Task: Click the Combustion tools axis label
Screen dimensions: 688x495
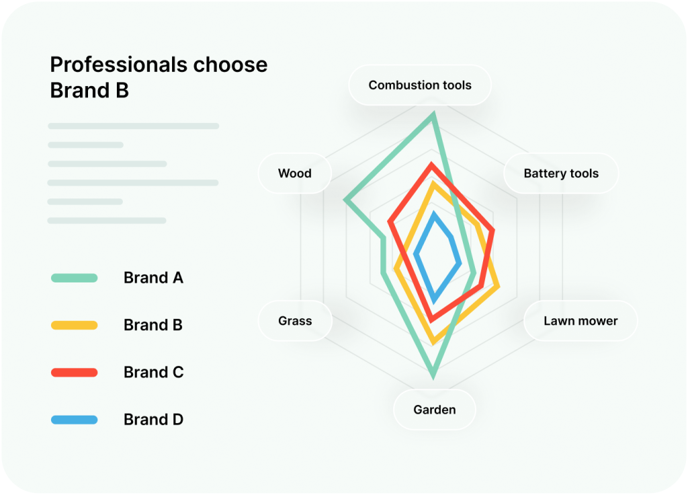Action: click(420, 85)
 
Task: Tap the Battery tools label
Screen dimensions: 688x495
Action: click(561, 174)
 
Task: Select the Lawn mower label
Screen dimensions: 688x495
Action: click(580, 321)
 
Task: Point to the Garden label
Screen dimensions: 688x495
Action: click(435, 410)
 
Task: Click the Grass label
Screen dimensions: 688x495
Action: click(295, 321)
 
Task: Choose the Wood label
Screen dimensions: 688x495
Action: click(294, 174)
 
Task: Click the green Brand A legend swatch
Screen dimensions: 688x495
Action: click(74, 278)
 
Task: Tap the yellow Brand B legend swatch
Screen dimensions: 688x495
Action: click(74, 326)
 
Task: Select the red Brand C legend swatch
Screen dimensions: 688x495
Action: click(74, 373)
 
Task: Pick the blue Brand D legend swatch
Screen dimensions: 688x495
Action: click(74, 420)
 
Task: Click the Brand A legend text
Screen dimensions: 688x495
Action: click(153, 278)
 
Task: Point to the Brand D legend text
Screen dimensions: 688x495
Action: click(153, 420)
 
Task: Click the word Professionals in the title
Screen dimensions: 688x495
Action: click(118, 65)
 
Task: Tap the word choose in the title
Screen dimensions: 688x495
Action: click(230, 65)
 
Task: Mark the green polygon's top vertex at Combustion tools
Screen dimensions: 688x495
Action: click(433, 115)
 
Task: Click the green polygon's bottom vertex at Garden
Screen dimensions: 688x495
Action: click(433, 376)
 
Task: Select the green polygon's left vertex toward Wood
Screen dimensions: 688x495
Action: click(346, 200)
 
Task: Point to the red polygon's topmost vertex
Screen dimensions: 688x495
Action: click(432, 165)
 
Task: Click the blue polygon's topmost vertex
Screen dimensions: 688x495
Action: click(435, 214)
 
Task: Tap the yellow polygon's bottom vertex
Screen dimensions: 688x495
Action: click(433, 342)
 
